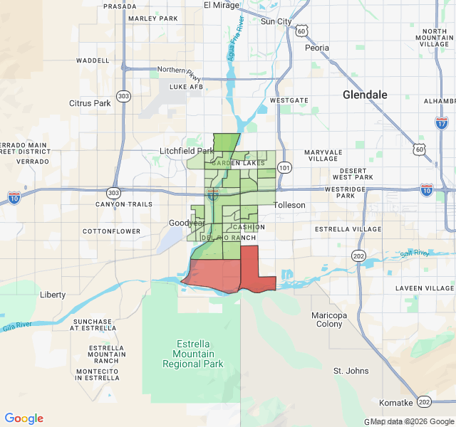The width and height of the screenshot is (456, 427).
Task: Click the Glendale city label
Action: tap(365, 95)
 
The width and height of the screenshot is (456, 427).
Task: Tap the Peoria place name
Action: tap(317, 48)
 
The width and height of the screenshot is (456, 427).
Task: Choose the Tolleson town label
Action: tap(290, 205)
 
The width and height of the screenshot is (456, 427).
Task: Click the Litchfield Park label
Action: tap(187, 151)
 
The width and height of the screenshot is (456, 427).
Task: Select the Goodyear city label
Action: tap(186, 223)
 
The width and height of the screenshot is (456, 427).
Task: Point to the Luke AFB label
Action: tap(187, 87)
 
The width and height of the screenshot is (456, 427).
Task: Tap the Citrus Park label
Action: tap(90, 103)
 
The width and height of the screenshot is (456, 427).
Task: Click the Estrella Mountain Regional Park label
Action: tap(193, 354)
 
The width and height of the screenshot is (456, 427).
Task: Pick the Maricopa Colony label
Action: tap(329, 320)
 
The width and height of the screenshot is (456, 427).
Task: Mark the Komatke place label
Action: tap(395, 402)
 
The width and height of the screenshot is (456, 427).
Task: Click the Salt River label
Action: tap(414, 253)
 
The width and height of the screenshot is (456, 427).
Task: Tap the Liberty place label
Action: tap(53, 295)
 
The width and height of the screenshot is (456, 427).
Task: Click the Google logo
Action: tap(24, 418)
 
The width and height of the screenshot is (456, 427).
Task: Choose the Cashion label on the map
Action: tap(249, 227)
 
